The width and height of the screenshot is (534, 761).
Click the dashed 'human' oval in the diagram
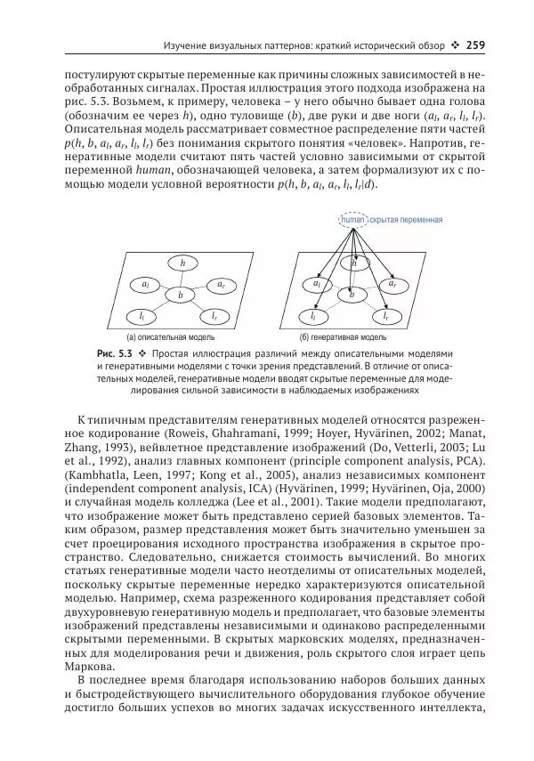[x=353, y=218]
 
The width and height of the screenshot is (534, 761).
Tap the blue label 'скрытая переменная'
[x=405, y=218]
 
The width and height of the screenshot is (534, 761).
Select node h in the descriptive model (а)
[x=182, y=263]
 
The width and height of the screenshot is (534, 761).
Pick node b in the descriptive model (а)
[x=181, y=295]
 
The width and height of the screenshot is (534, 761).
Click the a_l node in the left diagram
[x=145, y=284]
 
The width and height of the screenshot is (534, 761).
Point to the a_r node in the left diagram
[x=220, y=284]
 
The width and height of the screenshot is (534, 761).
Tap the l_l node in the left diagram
[x=142, y=316]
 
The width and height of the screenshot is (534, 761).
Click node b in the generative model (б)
[x=352, y=294]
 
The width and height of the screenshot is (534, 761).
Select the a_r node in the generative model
[x=392, y=284]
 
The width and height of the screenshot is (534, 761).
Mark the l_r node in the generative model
[x=386, y=316]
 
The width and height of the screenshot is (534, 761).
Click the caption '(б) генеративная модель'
[x=343, y=338]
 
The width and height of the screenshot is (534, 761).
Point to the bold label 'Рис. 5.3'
[x=115, y=353]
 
